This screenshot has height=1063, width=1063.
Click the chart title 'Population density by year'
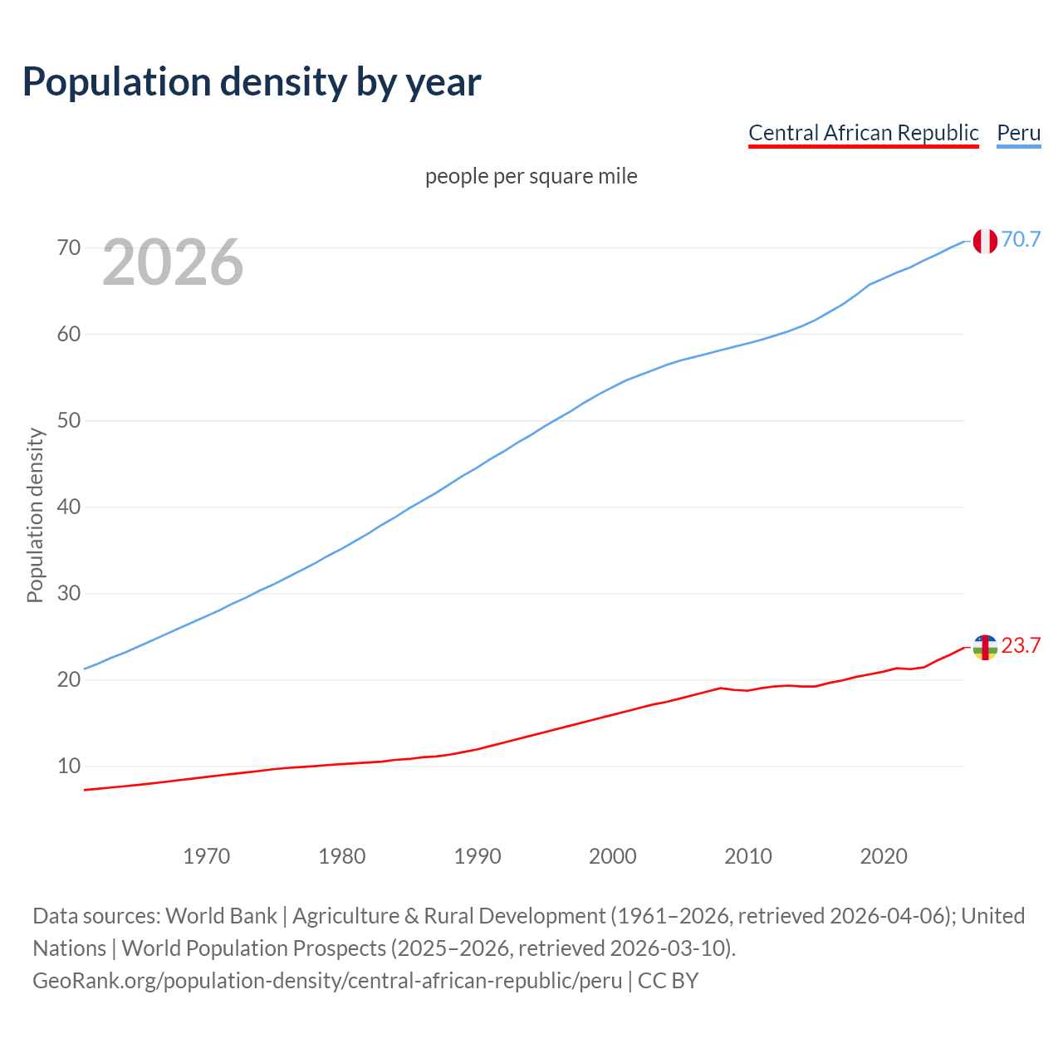tap(252, 81)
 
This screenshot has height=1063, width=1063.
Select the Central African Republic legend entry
tap(863, 133)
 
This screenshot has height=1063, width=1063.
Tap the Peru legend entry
tap(1018, 133)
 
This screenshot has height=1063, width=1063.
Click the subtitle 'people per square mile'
tap(531, 176)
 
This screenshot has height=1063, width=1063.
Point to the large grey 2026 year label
tap(173, 262)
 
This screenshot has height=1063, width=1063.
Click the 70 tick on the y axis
tap(69, 247)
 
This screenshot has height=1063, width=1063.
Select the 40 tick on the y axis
tap(69, 507)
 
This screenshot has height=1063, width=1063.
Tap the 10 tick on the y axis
tap(69, 766)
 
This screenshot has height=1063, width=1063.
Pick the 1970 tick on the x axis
tap(206, 856)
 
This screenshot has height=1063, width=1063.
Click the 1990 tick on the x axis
tap(478, 856)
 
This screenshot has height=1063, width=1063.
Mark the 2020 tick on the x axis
tap(884, 856)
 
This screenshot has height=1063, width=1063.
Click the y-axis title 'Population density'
tap(35, 515)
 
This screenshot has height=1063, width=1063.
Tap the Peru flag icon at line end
tap(985, 241)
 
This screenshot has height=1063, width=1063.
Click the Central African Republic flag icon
tap(985, 647)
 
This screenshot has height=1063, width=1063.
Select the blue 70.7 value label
tap(1021, 239)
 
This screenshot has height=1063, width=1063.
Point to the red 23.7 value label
tap(1021, 645)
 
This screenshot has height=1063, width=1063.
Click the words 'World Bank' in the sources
tap(221, 915)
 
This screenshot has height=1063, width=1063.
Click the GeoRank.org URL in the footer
tap(327, 980)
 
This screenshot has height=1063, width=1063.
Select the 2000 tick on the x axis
tap(613, 856)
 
